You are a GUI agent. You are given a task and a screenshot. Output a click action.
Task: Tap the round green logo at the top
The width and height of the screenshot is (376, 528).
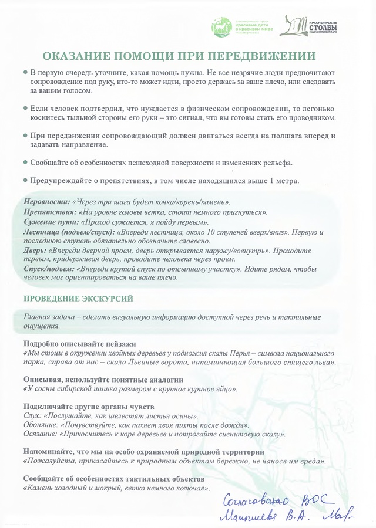[x=220, y=27]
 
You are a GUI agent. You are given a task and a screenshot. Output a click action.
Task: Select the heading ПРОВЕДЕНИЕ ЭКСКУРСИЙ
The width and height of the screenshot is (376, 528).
[x=78, y=299]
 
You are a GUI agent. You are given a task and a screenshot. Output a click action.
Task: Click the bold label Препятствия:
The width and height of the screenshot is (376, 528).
[x=50, y=212]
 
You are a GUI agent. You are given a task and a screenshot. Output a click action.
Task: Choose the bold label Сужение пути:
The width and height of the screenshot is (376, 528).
[x=50, y=222]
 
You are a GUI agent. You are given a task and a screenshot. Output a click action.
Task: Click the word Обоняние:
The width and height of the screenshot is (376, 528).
[x=41, y=424]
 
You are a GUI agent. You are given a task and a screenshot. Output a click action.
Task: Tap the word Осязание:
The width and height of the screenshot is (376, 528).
[x=41, y=434]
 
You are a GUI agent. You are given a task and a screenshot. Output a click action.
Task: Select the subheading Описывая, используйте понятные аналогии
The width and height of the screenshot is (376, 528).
[x=103, y=379]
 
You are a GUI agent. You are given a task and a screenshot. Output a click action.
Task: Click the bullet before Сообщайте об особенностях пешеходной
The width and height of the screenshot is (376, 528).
[x=25, y=163]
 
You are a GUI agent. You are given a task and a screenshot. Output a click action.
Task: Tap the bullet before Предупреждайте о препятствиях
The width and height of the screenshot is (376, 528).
[x=25, y=181]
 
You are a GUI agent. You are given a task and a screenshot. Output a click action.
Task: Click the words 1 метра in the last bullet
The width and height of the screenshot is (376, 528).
[x=285, y=181]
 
